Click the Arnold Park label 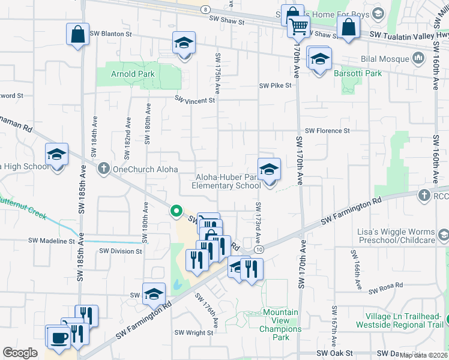pos(133,74)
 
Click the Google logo pos(20,353)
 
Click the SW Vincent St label pos(195,100)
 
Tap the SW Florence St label pos(327,131)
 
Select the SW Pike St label pos(275,86)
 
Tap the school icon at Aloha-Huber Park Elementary pos(269,169)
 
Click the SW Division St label pos(121,251)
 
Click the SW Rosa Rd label pos(386,289)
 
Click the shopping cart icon pos(298,27)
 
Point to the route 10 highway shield pos(259,249)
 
